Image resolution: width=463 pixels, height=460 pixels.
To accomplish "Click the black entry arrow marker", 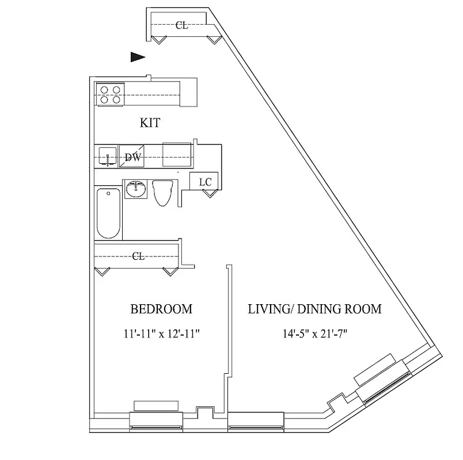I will (137, 56).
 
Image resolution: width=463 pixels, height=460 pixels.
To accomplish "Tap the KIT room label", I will (150, 122).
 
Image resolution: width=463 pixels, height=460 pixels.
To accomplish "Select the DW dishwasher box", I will (132, 156).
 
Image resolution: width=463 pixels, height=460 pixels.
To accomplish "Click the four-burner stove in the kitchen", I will (110, 94).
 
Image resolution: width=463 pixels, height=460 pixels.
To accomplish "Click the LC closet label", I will (205, 182).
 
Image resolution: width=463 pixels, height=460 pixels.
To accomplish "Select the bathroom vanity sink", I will (136, 189).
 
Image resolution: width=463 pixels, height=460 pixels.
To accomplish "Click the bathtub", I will (109, 213).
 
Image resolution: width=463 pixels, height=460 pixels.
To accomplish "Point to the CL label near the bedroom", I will (138, 256).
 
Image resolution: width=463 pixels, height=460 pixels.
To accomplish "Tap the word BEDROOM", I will (161, 309).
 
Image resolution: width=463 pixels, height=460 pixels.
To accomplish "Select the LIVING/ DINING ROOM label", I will (314, 309).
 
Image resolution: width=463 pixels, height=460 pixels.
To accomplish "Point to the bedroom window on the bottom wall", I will (157, 426).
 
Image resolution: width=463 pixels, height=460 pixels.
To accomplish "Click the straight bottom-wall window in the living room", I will (256, 426).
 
